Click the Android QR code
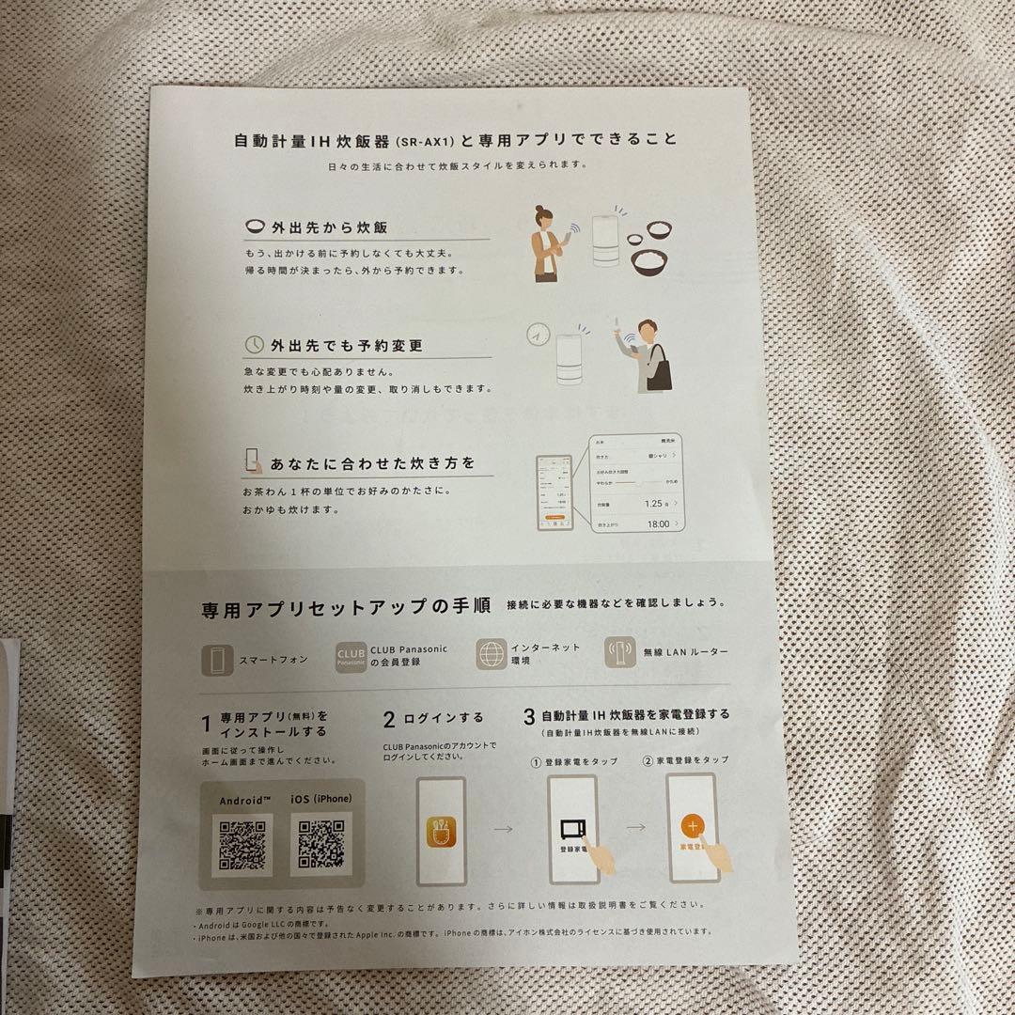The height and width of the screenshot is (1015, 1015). coord(242,843)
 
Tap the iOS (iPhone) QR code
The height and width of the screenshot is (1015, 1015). coord(320,843)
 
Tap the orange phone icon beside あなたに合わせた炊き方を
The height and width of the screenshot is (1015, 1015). coord(253,461)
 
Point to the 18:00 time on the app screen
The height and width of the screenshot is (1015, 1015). coord(658,523)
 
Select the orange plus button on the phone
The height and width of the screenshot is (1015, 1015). coord(692,828)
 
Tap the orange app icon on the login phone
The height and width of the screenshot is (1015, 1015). coord(440,828)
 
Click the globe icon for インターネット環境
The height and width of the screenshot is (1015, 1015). coord(492,654)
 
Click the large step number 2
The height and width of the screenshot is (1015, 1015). coord(389,720)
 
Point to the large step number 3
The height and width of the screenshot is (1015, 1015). coord(529,717)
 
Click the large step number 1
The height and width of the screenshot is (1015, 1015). coord(206,724)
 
